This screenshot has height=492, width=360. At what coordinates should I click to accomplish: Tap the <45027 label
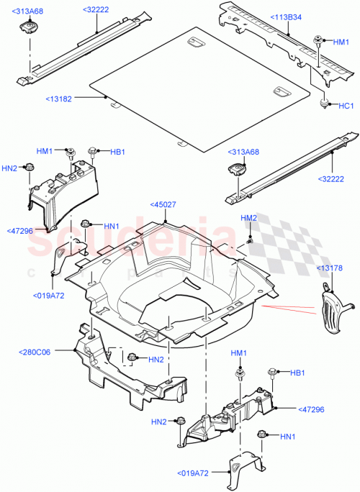pyautogui.click(x=162, y=204)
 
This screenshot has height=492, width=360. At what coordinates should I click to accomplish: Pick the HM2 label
pyautogui.click(x=248, y=218)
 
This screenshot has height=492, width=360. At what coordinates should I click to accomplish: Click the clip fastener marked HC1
pyautogui.click(x=325, y=104)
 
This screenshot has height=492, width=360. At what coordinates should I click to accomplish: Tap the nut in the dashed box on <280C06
pyautogui.click(x=131, y=357)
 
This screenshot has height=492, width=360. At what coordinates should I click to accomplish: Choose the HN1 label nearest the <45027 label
pyautogui.click(x=111, y=226)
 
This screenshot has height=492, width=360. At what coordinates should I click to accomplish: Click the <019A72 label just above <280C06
pyautogui.click(x=50, y=295)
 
